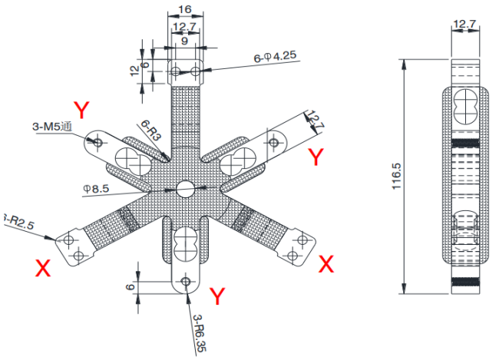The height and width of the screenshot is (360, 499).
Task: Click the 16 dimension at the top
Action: (x=185, y=8)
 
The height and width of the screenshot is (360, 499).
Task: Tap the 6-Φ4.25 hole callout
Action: (x=274, y=58)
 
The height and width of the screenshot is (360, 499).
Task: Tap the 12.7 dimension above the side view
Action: (x=462, y=25)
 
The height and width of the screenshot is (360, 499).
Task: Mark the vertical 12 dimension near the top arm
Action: (x=135, y=71)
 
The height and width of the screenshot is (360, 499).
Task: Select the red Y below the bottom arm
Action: (x=217, y=296)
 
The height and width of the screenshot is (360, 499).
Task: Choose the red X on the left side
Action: (x=43, y=267)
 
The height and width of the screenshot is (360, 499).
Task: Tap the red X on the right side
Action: (x=326, y=264)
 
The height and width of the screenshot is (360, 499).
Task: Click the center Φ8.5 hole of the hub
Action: (x=185, y=189)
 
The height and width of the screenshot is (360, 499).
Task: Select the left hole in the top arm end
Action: (x=176, y=72)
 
